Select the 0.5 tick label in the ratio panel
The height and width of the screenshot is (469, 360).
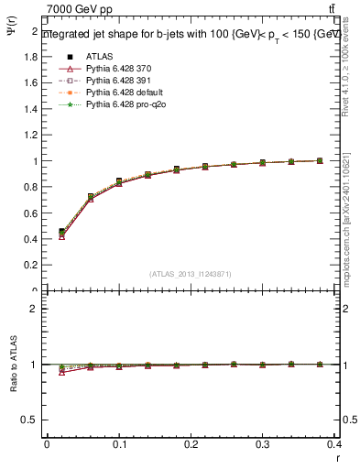(x=30, y=420)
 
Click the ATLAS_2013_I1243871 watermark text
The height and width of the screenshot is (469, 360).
(x=190, y=274)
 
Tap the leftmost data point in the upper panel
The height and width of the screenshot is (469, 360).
(x=61, y=233)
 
